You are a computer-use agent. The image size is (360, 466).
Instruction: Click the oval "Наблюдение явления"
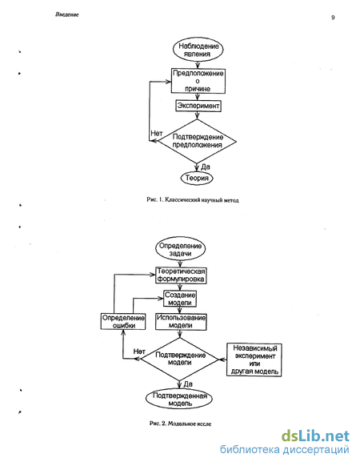point(198,50)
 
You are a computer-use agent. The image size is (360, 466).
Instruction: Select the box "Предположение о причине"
point(198,81)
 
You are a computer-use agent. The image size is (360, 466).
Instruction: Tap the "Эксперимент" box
point(198,106)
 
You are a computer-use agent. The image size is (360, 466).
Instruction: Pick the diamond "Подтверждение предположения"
point(198,141)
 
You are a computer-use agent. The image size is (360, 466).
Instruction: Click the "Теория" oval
point(197,178)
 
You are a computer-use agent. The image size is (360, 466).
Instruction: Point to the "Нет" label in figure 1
point(157,134)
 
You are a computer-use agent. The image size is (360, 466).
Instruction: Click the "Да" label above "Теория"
point(206,167)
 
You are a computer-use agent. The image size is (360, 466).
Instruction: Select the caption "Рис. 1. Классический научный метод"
point(193,199)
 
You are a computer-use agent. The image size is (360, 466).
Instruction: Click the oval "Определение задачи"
point(180,250)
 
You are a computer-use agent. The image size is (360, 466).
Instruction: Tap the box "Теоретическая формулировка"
point(181,275)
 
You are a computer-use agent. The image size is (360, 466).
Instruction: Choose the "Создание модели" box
point(180,299)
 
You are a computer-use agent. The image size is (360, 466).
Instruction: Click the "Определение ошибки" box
point(123,321)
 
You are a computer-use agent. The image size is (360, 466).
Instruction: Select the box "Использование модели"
point(181,322)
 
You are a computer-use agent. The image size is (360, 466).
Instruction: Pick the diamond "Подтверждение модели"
point(180,359)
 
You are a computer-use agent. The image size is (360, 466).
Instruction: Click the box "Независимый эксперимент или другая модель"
point(254,360)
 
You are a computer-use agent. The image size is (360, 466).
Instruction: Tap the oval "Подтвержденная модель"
point(179,399)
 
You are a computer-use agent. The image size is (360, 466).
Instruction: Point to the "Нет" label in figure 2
point(139,352)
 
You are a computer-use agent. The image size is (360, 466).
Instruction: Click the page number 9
point(333,18)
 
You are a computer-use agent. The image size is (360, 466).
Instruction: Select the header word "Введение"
point(67,14)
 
